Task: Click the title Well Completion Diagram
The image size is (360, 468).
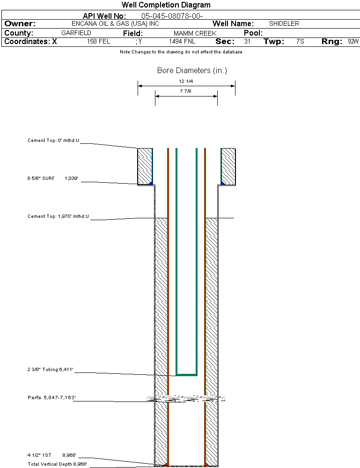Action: pos(166,5)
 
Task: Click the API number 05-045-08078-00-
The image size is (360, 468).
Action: pos(172,16)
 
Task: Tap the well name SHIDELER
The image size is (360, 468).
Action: pos(284,24)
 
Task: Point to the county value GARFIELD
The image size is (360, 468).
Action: pos(76,33)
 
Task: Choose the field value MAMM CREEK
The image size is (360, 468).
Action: pos(195,34)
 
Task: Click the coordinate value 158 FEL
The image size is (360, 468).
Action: pos(98,42)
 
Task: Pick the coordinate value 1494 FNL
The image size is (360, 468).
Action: pos(182,42)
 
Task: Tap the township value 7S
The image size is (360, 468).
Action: pos(300,42)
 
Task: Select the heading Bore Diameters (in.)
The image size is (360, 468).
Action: pos(192,71)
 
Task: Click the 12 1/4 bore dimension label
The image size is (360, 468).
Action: pos(186,82)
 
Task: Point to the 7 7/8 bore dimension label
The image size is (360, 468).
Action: pos(186,92)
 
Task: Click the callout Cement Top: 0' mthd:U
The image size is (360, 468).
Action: pos(53,140)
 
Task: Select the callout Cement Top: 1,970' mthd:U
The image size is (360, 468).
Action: pos(58,216)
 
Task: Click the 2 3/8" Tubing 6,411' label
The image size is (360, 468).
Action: pos(51,370)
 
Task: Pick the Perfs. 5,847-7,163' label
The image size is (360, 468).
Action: pos(51,398)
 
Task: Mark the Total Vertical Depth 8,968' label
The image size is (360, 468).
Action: pos(57,464)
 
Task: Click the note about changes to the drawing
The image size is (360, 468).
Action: pos(181,52)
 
